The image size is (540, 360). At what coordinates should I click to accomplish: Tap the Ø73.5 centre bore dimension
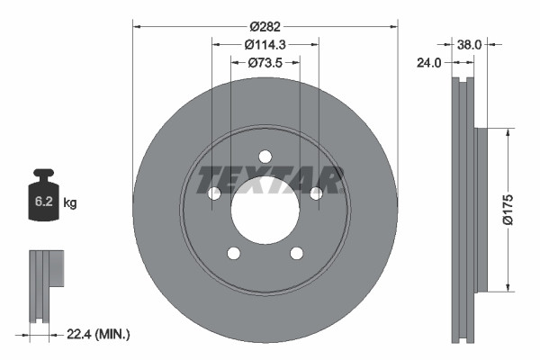point(265,62)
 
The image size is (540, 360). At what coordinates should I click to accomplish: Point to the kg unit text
point(70,203)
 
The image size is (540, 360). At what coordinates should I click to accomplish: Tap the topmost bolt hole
point(265,156)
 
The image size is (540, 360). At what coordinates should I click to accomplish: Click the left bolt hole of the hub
point(214,193)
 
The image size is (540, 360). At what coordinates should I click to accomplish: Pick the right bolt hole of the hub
point(317,193)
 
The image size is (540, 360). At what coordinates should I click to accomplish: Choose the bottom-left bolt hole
point(234,253)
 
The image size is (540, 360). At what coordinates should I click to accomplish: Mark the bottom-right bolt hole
point(297,253)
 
